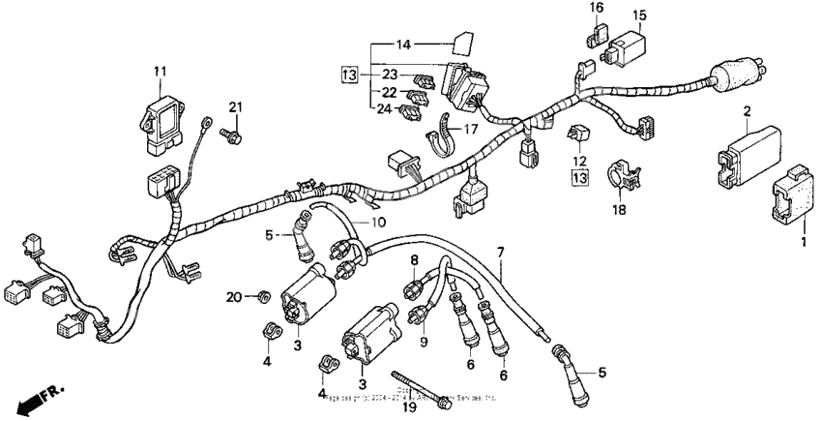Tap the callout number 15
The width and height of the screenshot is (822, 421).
point(639,15)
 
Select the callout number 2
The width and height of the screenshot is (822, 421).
point(747,113)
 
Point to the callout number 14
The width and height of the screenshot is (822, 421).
point(402,44)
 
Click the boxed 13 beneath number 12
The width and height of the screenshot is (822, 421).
point(578,178)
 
